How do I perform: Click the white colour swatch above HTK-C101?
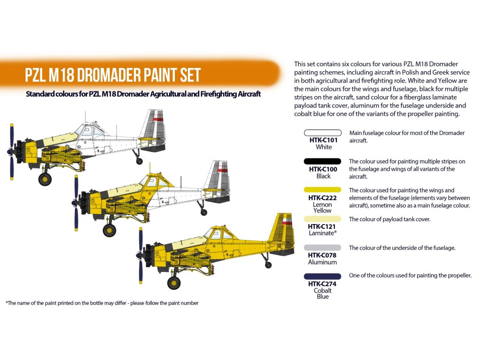tap(322, 133)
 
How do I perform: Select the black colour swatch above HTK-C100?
tap(322, 161)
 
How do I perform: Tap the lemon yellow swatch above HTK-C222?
tap(322, 190)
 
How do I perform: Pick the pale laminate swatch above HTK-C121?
tap(322, 218)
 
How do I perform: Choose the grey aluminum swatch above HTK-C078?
tap(322, 247)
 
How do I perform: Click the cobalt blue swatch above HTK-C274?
tap(322, 276)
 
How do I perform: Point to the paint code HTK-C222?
tap(322, 198)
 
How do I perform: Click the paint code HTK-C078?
tap(322, 255)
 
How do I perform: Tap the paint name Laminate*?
tap(322, 233)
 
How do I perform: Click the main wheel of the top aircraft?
tap(45, 179)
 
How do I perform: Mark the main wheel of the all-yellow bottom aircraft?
tap(174, 283)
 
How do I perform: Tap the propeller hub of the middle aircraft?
tap(75, 202)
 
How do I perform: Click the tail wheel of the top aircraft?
tap(139, 161)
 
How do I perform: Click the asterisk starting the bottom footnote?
tap(7, 303)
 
